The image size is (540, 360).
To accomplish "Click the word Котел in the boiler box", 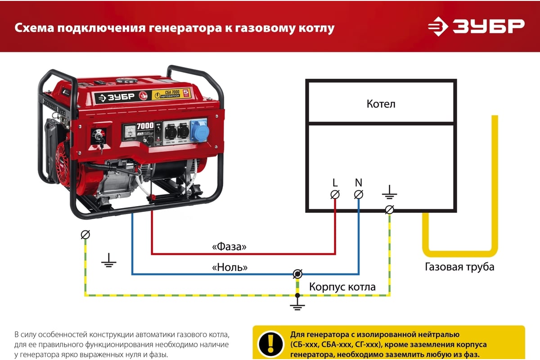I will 381,104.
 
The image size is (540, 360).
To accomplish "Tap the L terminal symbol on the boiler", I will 335,194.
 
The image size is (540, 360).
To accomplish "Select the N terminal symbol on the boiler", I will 359,194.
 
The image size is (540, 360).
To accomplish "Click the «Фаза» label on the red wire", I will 229,247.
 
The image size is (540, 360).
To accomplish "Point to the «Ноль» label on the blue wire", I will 229,267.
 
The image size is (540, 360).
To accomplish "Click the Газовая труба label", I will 459,267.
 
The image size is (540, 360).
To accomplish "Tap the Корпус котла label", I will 342,287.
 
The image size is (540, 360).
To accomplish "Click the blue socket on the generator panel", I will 199,130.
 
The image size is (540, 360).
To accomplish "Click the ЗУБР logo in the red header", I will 476,27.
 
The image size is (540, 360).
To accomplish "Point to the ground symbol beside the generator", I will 108,260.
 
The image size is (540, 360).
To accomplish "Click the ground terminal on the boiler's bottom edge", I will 390,210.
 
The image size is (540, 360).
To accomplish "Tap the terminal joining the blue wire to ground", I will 297,274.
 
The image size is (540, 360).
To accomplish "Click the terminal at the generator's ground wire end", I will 85,234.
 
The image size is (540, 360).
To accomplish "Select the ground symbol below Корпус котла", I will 297,306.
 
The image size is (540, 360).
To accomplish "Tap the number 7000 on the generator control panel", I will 145,126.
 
